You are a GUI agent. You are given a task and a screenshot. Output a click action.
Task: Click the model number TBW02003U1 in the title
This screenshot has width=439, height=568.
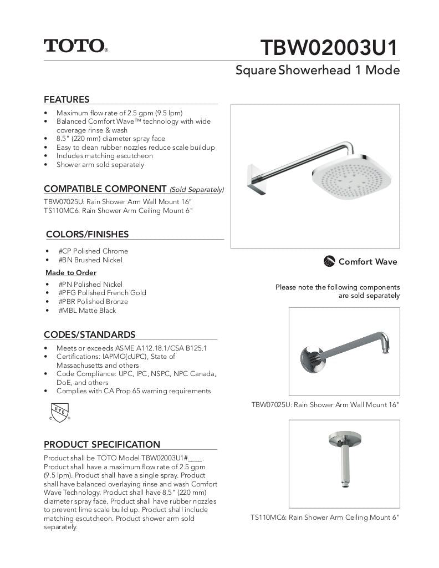tap(329, 48)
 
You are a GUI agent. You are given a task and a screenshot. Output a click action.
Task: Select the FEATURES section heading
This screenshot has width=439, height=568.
tap(67, 100)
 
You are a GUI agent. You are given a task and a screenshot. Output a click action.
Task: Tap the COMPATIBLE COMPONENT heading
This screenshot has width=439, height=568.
tap(105, 189)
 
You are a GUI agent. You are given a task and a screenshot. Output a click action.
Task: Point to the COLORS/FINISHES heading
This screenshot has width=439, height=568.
tap(87, 234)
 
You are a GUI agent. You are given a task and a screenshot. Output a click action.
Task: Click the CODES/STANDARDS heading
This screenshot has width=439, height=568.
tap(89, 334)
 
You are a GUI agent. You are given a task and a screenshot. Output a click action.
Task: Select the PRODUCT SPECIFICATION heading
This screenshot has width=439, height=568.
tap(101, 444)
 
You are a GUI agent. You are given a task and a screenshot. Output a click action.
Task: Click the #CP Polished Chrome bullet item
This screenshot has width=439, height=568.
tap(93, 251)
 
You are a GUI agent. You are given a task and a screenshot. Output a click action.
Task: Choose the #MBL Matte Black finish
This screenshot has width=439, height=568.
tap(87, 311)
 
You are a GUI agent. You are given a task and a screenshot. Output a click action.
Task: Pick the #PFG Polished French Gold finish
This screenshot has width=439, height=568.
tap(102, 293)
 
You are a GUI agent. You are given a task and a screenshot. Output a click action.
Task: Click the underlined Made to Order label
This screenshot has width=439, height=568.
tap(70, 273)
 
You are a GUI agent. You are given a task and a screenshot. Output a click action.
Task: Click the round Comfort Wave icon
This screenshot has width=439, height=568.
tap(329, 261)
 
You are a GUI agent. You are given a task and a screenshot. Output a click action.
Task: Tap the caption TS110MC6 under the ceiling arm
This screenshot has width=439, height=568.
tap(324, 518)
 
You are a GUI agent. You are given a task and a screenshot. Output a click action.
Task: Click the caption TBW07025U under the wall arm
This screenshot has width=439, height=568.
tap(325, 405)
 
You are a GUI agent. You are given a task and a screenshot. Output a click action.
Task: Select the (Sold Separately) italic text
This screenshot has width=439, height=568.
tap(197, 190)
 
